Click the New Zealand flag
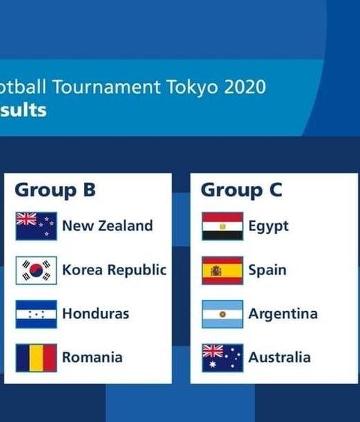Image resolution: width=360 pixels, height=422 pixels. pyautogui.click(x=36, y=226)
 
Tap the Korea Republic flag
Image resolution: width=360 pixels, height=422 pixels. pyautogui.click(x=36, y=271)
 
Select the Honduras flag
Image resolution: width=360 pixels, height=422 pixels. pyautogui.click(x=36, y=314)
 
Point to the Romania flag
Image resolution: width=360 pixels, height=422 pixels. pyautogui.click(x=36, y=358)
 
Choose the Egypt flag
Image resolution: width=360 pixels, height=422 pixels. pyautogui.click(x=223, y=226)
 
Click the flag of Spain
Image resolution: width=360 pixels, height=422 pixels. pyautogui.click(x=223, y=271)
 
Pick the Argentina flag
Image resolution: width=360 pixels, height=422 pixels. pyautogui.click(x=223, y=314)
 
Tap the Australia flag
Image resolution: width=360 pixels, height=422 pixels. pyautogui.click(x=223, y=358)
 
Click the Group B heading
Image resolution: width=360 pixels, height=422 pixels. pyautogui.click(x=55, y=190)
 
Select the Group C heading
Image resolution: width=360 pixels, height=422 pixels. pyautogui.click(x=241, y=190)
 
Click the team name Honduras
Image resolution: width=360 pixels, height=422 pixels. pyautogui.click(x=95, y=314)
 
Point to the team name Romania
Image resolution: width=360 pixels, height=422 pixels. pyautogui.click(x=92, y=358)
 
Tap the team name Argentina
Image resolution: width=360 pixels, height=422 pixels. pyautogui.click(x=283, y=314)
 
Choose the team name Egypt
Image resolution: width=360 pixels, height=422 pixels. pyautogui.click(x=268, y=226)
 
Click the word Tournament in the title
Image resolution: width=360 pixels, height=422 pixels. pyautogui.click(x=106, y=87)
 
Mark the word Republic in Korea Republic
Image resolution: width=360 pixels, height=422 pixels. pyautogui.click(x=137, y=271)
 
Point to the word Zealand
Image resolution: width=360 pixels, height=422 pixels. pyautogui.click(x=125, y=226)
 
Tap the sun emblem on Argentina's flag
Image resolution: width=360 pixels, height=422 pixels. pyautogui.click(x=223, y=314)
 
